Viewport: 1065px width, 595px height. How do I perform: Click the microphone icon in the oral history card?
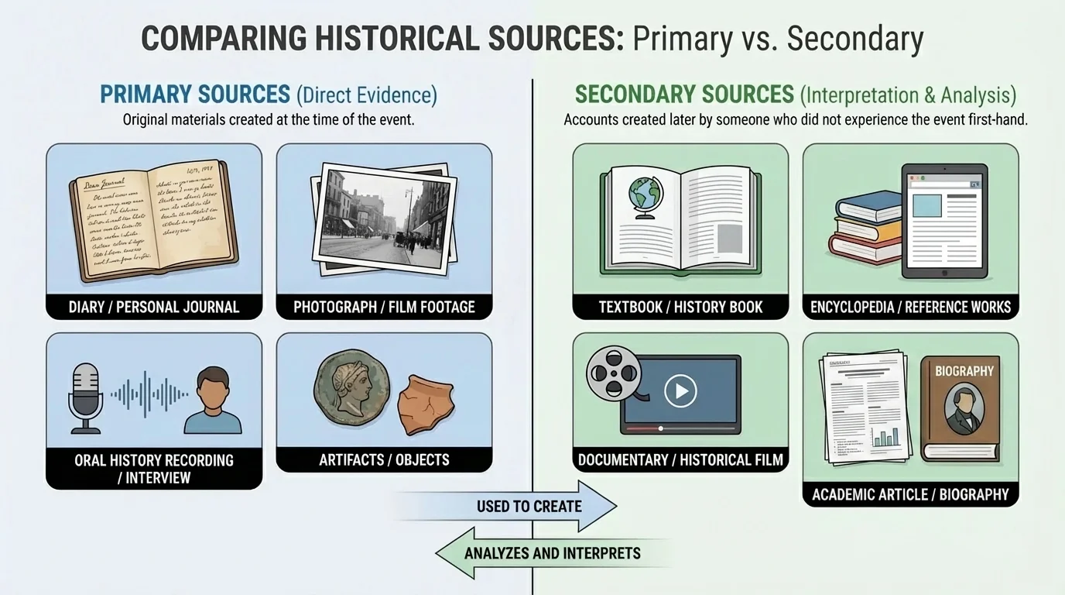point(85,395)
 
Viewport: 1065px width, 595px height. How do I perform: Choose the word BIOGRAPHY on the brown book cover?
point(964,371)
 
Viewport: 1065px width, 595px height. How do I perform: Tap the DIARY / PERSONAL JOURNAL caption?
point(154,307)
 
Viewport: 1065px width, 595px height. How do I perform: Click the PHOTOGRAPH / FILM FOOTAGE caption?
point(384,307)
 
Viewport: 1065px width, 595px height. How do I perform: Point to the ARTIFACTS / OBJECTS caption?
point(384,459)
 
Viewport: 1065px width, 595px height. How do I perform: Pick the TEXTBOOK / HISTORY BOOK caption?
point(680,307)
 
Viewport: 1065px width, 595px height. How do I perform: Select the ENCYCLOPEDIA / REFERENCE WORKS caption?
point(910,307)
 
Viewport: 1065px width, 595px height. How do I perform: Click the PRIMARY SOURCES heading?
point(195,95)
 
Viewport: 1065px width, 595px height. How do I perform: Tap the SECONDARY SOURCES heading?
point(685,95)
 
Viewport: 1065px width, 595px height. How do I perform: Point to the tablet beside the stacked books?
point(945,221)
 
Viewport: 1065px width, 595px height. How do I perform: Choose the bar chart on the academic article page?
point(883,437)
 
